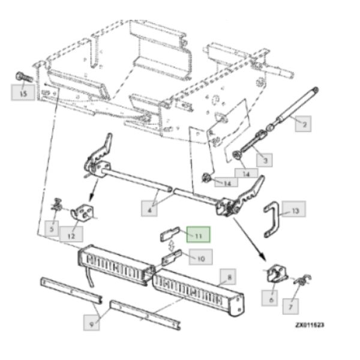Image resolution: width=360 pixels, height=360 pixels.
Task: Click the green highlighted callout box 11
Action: tap(199, 235)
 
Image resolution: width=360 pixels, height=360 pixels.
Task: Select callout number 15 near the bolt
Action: tap(23, 92)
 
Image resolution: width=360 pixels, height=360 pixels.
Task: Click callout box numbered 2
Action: tap(303, 124)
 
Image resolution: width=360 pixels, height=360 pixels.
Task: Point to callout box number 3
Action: tap(265, 160)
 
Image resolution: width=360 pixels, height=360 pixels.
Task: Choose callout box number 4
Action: tap(149, 208)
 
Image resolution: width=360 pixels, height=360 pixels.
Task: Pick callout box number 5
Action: tap(52, 229)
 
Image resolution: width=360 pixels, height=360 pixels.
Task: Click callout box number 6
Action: tap(270, 298)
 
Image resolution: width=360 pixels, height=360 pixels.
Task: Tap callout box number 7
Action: tap(290, 307)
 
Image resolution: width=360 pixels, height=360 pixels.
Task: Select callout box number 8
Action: tap(228, 277)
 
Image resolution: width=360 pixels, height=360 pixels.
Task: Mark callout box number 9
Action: tap(91, 323)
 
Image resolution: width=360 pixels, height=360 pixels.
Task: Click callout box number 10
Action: tap(201, 257)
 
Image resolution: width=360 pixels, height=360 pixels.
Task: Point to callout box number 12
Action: tap(71, 234)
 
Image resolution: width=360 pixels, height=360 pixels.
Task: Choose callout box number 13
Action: tap(294, 209)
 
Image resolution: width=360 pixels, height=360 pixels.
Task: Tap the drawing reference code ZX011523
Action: tap(310, 325)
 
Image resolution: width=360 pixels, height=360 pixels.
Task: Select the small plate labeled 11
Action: tap(170, 234)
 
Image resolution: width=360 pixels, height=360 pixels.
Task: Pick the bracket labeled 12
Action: tap(83, 213)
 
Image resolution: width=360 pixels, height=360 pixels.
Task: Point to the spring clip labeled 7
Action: tap(303, 280)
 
